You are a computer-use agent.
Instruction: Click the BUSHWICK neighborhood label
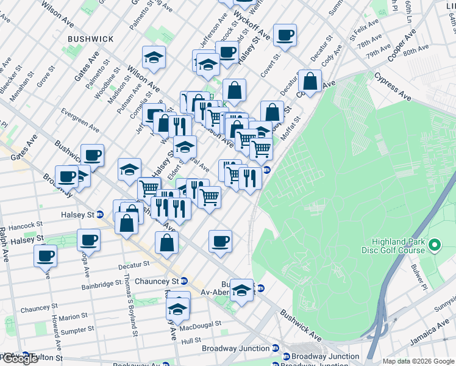pyautogui.click(x=91, y=38)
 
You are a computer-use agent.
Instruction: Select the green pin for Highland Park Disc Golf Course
pyautogui.click(x=435, y=246)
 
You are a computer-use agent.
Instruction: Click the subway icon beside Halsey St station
pyautogui.click(x=101, y=215)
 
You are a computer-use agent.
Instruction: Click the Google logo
pyautogui.click(x=20, y=359)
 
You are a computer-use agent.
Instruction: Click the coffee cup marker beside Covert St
pyautogui.click(x=285, y=36)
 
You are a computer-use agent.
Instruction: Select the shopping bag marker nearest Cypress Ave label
pyautogui.click(x=310, y=82)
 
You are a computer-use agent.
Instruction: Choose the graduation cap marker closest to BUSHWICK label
pyautogui.click(x=154, y=59)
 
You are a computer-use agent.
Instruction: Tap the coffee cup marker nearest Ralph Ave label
pyautogui.click(x=45, y=256)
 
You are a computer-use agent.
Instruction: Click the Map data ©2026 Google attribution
pyautogui.click(x=419, y=361)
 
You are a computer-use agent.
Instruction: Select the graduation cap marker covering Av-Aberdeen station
pyautogui.click(x=242, y=292)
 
